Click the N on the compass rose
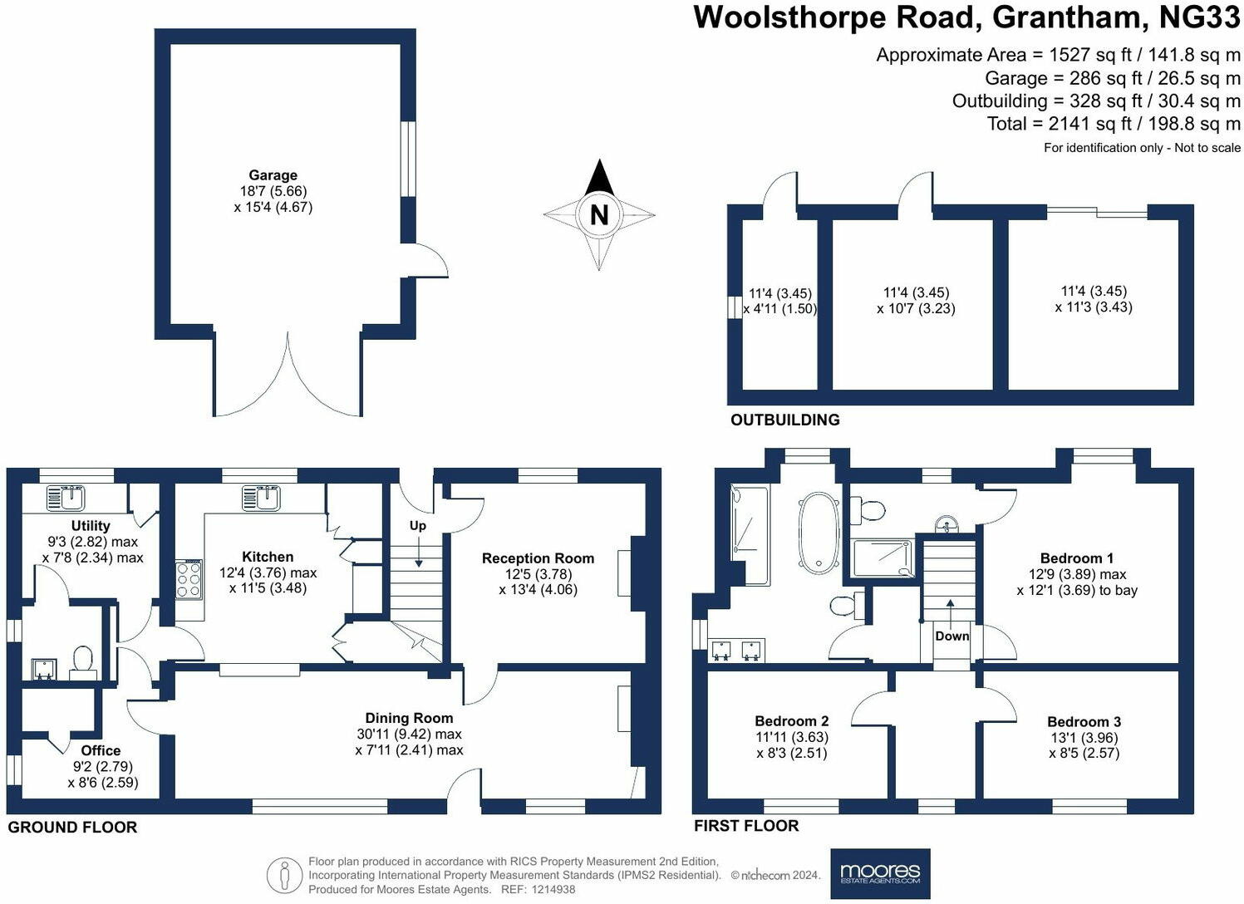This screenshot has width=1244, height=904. [598, 214]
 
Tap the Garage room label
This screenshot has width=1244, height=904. [273, 175]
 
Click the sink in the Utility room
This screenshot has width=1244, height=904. [66, 498]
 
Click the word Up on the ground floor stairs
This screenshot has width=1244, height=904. [417, 525]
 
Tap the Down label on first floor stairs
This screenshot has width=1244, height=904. [951, 636]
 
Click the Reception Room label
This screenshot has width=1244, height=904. [538, 558]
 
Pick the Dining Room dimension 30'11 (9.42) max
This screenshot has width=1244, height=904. [409, 734]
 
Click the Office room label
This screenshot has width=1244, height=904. [101, 751]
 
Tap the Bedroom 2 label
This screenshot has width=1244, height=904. [791, 721]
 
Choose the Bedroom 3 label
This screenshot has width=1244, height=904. [1084, 722]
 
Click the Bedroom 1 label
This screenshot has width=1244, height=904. [1077, 558]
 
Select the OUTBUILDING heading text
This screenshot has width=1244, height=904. [784, 420]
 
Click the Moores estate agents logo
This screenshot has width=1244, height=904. [880, 873]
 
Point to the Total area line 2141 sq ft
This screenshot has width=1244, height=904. [1114, 124]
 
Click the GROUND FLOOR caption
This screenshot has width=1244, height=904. [72, 828]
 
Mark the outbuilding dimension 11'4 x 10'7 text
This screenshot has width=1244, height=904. [916, 301]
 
